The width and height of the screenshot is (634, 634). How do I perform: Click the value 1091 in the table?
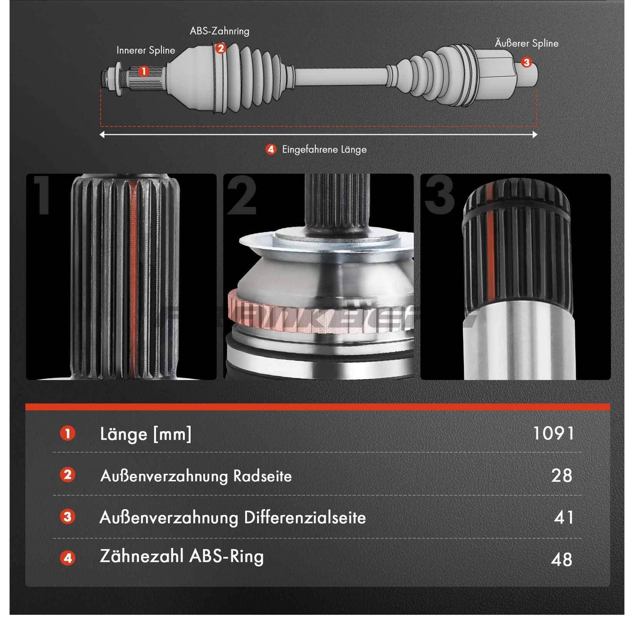[553, 433]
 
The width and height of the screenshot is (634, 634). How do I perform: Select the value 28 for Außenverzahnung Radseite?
[561, 475]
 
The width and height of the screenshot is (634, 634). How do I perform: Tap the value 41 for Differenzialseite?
[563, 517]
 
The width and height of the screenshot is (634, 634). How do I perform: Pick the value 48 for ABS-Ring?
[561, 559]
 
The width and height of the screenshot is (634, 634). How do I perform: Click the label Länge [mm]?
[145, 434]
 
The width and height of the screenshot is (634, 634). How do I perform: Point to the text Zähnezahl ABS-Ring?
[181, 556]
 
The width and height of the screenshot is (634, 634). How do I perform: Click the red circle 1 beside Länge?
[68, 433]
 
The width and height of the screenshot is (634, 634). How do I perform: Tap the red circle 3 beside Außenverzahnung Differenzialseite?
[68, 517]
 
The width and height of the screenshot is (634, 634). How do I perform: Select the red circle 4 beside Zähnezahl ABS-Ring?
[68, 558]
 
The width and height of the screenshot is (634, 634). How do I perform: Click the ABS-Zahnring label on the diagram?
[220, 31]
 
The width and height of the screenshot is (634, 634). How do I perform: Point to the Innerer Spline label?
[145, 50]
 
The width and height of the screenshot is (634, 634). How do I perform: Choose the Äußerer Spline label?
[526, 43]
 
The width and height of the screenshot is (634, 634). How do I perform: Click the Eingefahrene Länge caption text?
[324, 149]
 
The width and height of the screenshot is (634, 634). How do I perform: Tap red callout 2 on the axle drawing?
[220, 48]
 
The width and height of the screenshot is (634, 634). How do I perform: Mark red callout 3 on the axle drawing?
[526, 62]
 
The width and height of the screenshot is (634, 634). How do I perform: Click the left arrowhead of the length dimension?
[102, 135]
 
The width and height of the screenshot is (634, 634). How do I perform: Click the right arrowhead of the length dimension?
[535, 135]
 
